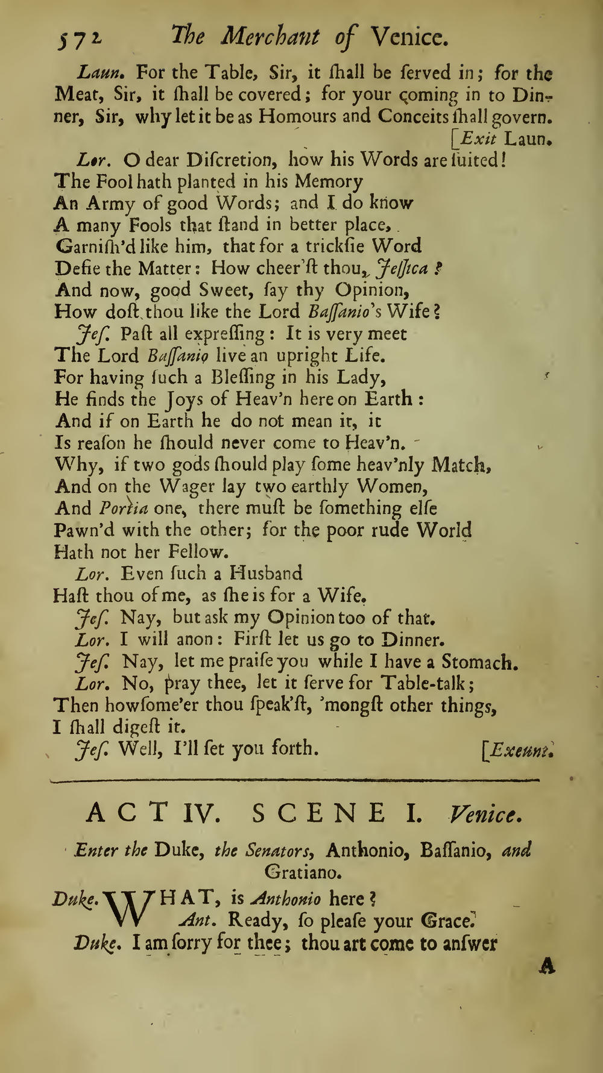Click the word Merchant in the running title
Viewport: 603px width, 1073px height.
coord(270,38)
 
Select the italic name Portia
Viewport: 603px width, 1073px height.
coord(124,508)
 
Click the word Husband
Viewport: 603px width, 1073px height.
coord(267,573)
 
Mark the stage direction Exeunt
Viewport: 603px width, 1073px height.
coord(520,750)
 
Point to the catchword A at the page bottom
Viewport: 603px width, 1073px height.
coord(547,966)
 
